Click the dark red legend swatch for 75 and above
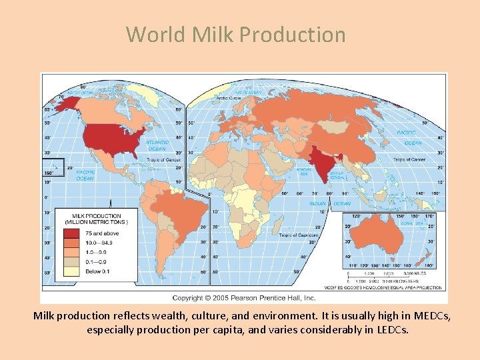point(71,233)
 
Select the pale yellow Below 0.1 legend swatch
point(71,271)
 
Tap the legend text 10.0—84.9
point(98,243)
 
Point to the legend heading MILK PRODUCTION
point(97,216)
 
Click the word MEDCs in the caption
point(433,316)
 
